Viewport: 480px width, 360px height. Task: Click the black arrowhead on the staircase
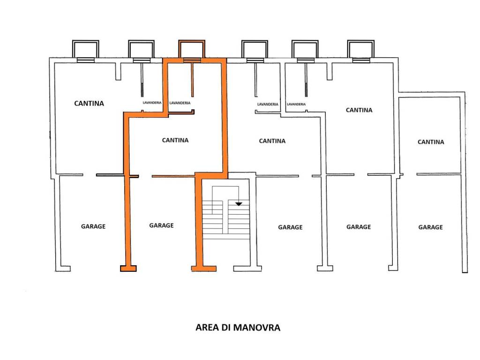coord(239,204)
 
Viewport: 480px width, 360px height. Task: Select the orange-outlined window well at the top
coord(192,49)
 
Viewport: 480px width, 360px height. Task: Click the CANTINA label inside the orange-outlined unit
coord(175,140)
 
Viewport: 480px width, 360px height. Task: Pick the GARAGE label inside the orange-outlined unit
coord(161,225)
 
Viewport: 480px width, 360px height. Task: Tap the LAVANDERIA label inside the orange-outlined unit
coord(180,103)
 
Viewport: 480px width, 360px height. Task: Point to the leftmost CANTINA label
coord(89,103)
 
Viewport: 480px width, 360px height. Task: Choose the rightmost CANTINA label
coord(431,142)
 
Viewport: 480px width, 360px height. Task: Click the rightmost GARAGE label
coord(430,227)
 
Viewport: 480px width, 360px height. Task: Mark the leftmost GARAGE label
coord(93,226)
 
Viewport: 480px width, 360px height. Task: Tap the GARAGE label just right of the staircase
coord(290,227)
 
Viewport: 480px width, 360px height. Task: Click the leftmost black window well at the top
coord(85,49)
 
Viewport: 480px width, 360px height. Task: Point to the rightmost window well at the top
coord(360,49)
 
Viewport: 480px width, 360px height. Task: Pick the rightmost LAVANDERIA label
coord(296,104)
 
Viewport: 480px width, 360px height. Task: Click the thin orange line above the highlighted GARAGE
coord(173,176)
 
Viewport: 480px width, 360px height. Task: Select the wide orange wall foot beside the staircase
coord(204,269)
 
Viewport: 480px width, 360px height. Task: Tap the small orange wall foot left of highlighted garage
coord(128,269)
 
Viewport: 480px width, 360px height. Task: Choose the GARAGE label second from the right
coord(359,227)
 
